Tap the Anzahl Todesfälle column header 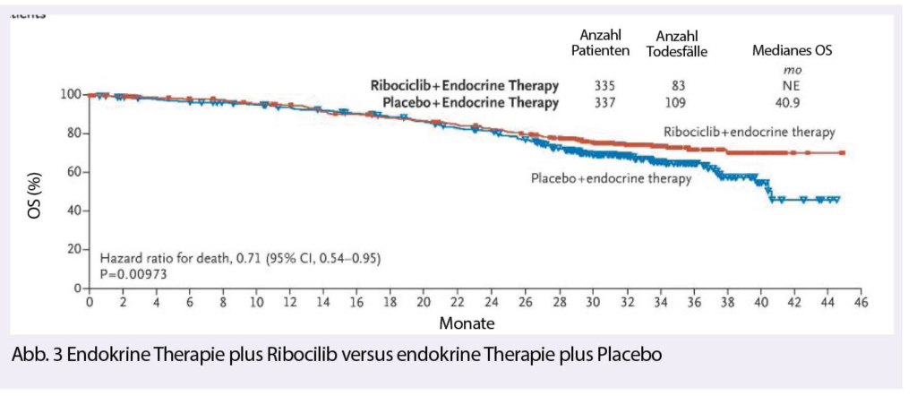click(x=676, y=43)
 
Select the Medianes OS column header click(x=793, y=51)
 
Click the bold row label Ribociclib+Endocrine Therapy click(x=465, y=85)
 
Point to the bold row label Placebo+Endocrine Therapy click(x=471, y=103)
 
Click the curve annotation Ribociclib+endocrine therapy click(x=750, y=132)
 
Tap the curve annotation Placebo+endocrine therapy click(x=611, y=178)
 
